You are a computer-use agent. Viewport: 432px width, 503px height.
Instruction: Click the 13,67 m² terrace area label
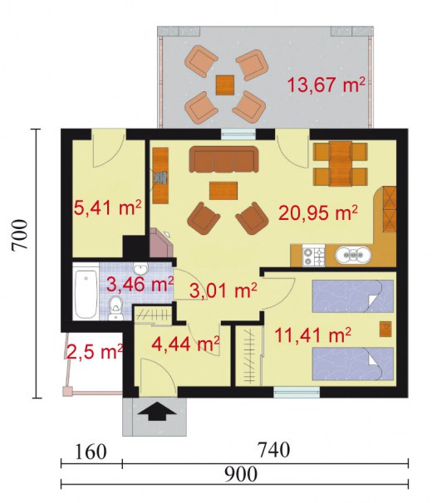point(326,85)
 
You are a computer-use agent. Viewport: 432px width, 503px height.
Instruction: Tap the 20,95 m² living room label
point(318,212)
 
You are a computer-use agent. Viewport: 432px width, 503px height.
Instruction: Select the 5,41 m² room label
point(108,208)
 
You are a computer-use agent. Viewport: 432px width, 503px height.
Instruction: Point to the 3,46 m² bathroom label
point(140,284)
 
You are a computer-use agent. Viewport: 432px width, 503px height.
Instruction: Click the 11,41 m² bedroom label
point(312,335)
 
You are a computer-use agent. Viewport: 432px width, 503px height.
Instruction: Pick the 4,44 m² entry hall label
point(185,344)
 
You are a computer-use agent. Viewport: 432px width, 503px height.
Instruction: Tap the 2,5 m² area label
point(95,352)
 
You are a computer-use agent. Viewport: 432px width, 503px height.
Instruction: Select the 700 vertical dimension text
point(19,235)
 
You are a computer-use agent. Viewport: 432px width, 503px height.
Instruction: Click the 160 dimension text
point(91,452)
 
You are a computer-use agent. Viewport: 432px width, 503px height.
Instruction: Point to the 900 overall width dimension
point(241,474)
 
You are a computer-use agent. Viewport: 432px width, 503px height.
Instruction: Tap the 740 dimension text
point(274,450)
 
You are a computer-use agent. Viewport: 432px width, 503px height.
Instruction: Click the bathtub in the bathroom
point(86,294)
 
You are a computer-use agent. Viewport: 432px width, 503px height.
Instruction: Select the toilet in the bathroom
point(115,308)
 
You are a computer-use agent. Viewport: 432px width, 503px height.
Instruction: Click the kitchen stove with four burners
point(313,256)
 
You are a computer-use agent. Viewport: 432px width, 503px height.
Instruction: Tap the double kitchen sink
point(353,255)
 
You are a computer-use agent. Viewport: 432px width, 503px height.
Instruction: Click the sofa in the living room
point(223,159)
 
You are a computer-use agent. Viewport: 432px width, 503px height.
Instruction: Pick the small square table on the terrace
point(225,85)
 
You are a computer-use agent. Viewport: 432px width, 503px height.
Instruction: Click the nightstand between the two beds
point(385,330)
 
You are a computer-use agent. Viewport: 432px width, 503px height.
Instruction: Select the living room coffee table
point(223,191)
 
